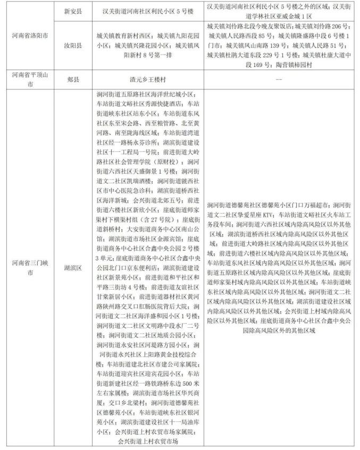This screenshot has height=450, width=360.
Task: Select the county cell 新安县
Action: pyautogui.click(x=73, y=10)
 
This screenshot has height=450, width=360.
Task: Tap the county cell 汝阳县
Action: pyautogui.click(x=73, y=46)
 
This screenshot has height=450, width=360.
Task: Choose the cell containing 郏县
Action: pyautogui.click(x=73, y=80)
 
